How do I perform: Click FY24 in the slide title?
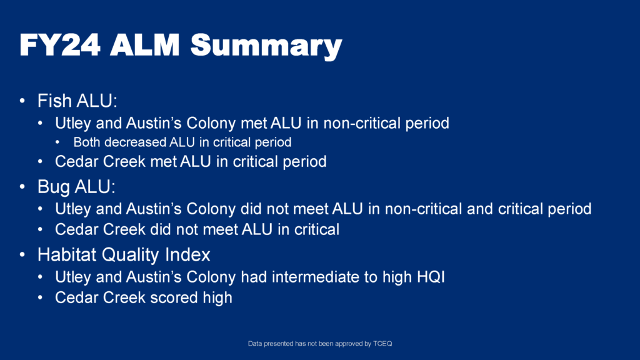60,44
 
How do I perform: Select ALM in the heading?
145,44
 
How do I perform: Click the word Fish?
55,101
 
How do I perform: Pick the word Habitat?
67,255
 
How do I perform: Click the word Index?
187,255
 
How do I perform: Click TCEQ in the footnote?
382,344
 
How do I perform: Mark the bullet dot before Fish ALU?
22,101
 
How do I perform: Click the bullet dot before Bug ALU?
22,187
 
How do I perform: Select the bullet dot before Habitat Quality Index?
22,255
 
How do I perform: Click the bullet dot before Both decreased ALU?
57,142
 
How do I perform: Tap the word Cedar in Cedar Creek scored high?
76,297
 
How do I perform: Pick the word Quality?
131,256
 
